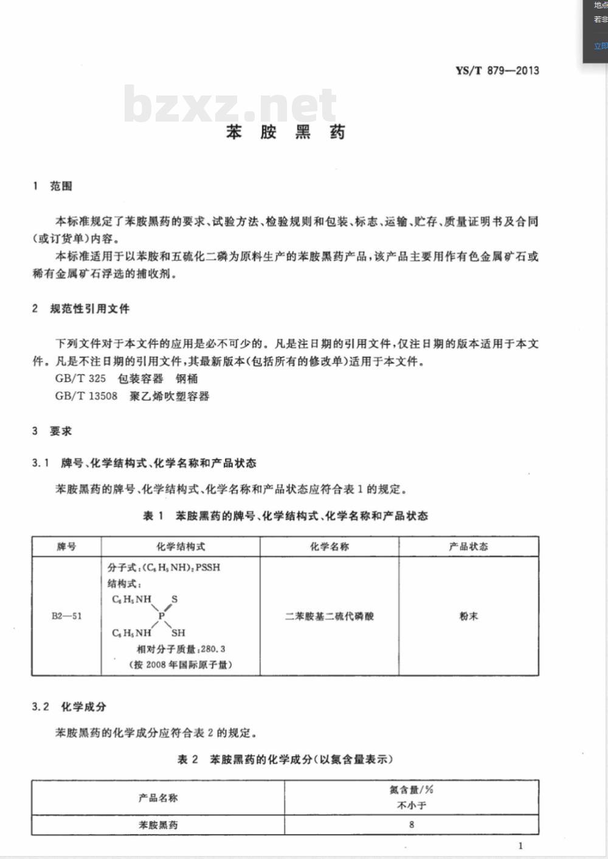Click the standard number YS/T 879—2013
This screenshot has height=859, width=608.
497,71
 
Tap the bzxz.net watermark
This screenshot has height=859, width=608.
230,105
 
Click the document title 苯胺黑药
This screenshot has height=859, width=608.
286,132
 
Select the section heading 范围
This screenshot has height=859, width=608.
61,186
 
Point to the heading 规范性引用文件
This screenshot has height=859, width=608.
89,309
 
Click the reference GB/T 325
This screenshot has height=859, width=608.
80,378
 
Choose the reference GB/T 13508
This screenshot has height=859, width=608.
86,396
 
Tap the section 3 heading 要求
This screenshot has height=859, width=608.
61,431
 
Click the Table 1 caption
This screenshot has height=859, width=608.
285,516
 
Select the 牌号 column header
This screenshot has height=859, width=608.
66,547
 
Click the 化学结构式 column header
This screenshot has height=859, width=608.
181,547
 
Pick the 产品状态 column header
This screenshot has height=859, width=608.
468,547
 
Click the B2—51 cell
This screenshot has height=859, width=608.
66,616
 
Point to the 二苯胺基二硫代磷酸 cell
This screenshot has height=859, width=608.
329,616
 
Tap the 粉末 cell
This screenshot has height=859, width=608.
468,616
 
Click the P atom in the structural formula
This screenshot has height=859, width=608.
161,616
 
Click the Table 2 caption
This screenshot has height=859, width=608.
285,759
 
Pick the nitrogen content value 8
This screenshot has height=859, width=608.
412,824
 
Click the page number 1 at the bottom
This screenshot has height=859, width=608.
520,845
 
